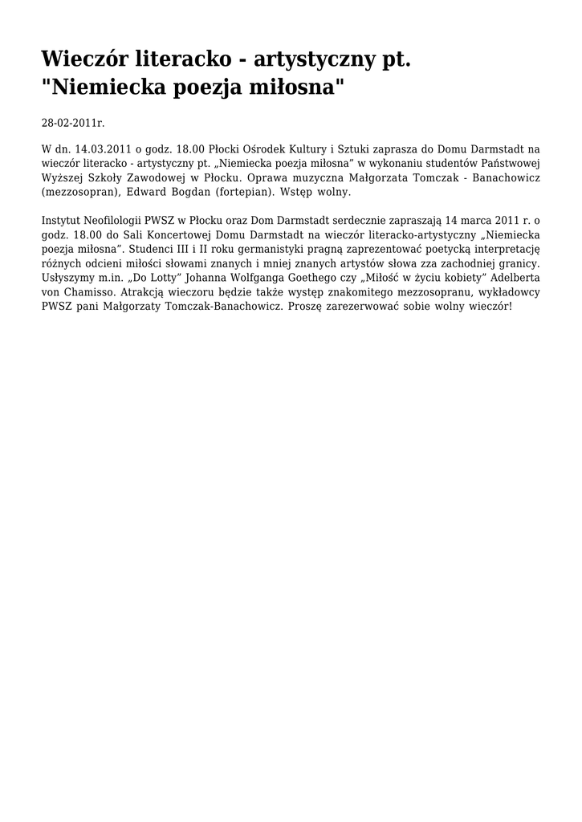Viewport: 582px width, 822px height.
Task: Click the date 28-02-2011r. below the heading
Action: click(x=73, y=123)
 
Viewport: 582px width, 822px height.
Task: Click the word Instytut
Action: click(x=63, y=220)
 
